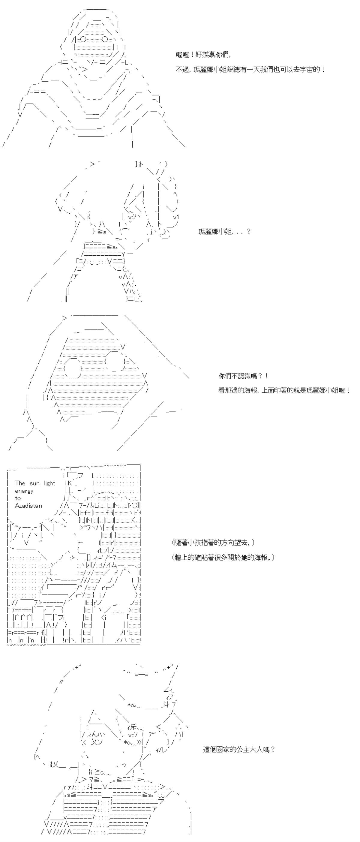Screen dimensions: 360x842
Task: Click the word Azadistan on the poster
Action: pos(28,506)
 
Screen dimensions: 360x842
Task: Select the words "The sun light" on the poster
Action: pos(35,483)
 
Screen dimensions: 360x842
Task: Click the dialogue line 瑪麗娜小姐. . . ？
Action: pos(224,232)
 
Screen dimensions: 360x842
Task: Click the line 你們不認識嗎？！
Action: pos(244,376)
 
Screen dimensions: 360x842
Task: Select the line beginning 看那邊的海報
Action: pos(284,390)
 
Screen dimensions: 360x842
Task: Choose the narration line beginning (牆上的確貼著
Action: pos(223,557)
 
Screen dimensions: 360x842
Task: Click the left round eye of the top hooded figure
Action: pos(83,40)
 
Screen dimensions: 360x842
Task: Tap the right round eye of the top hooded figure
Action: pos(105,40)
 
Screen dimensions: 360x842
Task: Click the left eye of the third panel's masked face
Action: pos(73,369)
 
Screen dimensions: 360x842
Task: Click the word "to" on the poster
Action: pos(18,498)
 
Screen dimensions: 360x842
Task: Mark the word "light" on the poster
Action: pos(50,483)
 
